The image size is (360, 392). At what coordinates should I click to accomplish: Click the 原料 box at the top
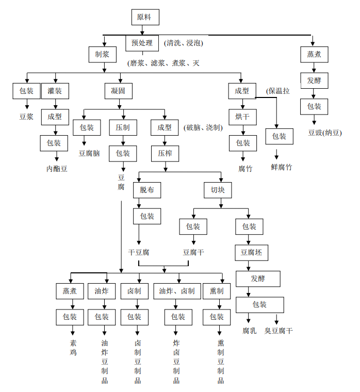[x=144, y=17]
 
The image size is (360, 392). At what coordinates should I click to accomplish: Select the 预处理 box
[x=142, y=43]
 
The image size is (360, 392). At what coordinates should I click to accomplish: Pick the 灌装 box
[x=55, y=91]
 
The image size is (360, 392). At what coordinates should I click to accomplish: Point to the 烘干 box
[x=242, y=117]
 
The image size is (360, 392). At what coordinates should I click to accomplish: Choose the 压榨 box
[x=165, y=153]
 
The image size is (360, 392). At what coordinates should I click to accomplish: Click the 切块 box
[x=218, y=190]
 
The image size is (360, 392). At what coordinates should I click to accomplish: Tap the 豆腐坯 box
[x=251, y=253]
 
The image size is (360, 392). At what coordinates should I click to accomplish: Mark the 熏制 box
[x=217, y=291]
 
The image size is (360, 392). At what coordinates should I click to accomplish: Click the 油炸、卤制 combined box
[x=177, y=291]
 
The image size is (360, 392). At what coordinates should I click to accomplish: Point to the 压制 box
[x=122, y=127]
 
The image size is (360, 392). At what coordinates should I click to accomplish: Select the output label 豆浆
[x=26, y=117]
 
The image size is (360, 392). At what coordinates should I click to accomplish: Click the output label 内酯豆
[x=57, y=169]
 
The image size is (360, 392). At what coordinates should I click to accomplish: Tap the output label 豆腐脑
[x=89, y=153]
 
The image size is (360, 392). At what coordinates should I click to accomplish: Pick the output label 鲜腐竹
[x=282, y=167]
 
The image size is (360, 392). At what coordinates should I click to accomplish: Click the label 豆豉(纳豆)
[x=325, y=133]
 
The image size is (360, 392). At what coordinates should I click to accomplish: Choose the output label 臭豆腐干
[x=279, y=331]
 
